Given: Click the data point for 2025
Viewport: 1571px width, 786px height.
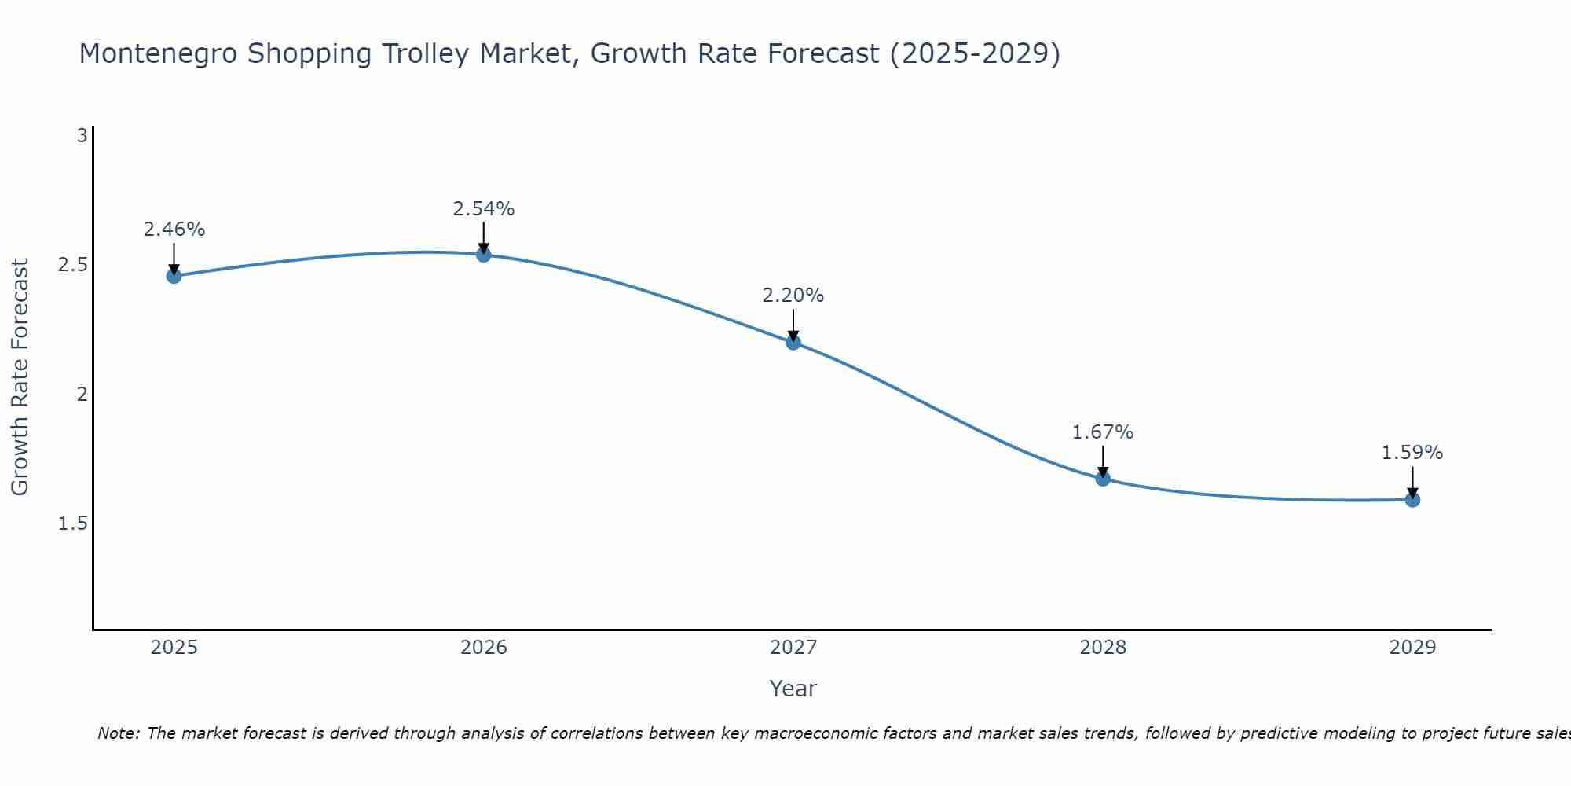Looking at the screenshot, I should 174,276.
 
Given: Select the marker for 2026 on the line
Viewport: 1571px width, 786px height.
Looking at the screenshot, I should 484,255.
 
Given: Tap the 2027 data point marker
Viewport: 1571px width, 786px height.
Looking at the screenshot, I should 793,342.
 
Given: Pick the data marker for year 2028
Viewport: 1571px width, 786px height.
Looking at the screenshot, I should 1103,479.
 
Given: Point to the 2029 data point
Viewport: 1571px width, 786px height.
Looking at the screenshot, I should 1412,500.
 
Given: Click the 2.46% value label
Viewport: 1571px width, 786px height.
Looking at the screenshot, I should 174,230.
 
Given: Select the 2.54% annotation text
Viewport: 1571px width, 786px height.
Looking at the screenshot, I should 484,209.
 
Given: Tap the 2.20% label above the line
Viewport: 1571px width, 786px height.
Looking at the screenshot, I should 793,296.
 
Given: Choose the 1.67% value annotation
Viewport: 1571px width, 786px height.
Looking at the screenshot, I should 1103,432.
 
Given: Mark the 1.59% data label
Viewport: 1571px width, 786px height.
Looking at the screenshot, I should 1412,453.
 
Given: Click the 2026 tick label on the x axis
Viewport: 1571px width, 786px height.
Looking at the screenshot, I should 484,648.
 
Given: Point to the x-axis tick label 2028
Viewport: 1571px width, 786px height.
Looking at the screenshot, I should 1103,648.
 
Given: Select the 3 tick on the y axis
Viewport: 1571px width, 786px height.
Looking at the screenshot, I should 82,136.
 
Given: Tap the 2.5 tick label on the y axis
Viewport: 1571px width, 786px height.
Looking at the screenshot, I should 72,265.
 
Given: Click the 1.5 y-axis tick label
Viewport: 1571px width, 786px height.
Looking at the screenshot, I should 72,523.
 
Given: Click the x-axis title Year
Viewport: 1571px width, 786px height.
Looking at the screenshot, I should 793,689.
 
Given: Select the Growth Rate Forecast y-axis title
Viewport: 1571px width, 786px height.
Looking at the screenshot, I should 20,377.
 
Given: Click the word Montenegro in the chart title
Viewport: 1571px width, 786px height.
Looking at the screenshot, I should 158,53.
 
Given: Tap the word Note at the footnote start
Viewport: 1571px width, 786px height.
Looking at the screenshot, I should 118,733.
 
